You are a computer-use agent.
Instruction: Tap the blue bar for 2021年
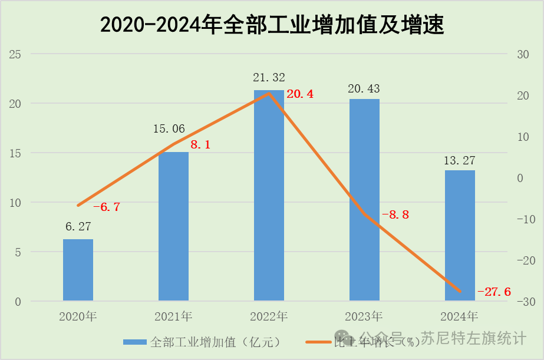tap(173, 227)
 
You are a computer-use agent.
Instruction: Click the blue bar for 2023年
tap(364, 200)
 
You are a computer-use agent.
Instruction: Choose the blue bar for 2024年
tap(460, 236)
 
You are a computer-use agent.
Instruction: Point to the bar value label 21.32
tap(269, 78)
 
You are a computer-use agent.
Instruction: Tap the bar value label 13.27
tap(460, 160)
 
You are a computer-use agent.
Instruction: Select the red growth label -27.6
tap(494, 292)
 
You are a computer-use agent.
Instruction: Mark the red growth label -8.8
tap(395, 215)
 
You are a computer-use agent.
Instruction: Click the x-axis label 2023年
tap(364, 316)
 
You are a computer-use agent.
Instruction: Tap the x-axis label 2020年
tap(78, 316)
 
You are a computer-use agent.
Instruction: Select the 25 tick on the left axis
tap(15, 54)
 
